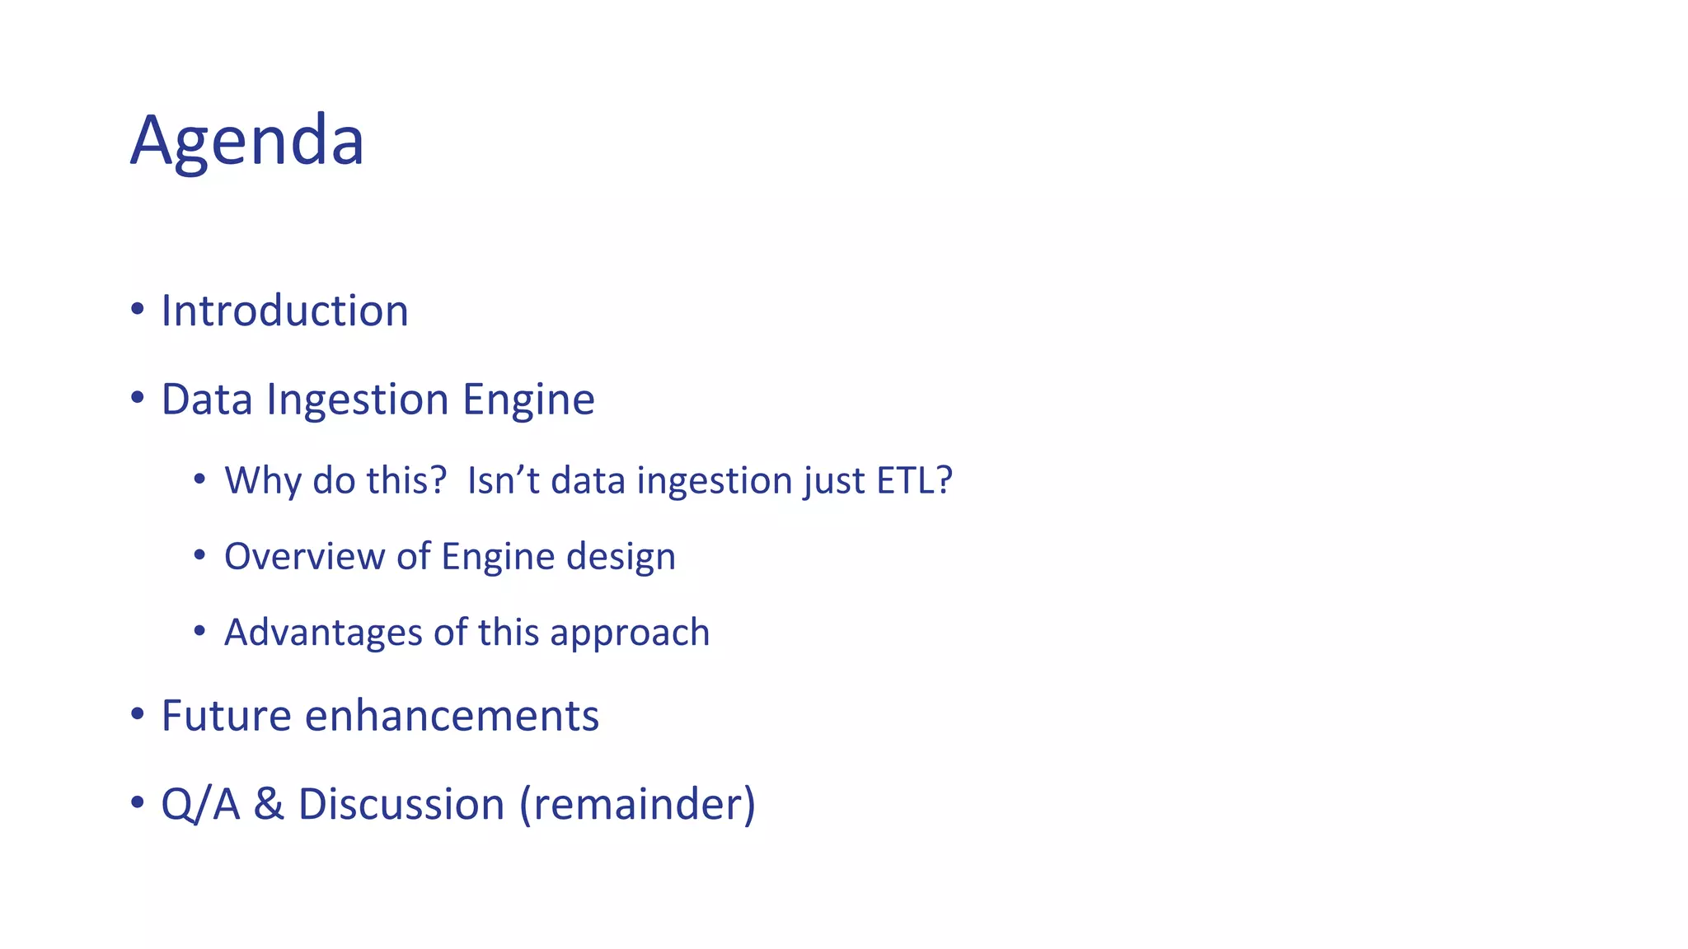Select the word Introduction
[284, 311]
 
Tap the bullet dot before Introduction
[138, 311]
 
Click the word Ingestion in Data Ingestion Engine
[357, 400]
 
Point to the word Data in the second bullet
[206, 400]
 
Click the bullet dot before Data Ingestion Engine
[138, 399]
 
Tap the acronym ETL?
[914, 480]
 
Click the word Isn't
[503, 480]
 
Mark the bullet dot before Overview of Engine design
[199, 556]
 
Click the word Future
[226, 715]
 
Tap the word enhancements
[452, 715]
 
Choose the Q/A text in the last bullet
[200, 805]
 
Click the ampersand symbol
[269, 804]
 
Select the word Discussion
[401, 804]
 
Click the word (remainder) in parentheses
[637, 805]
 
